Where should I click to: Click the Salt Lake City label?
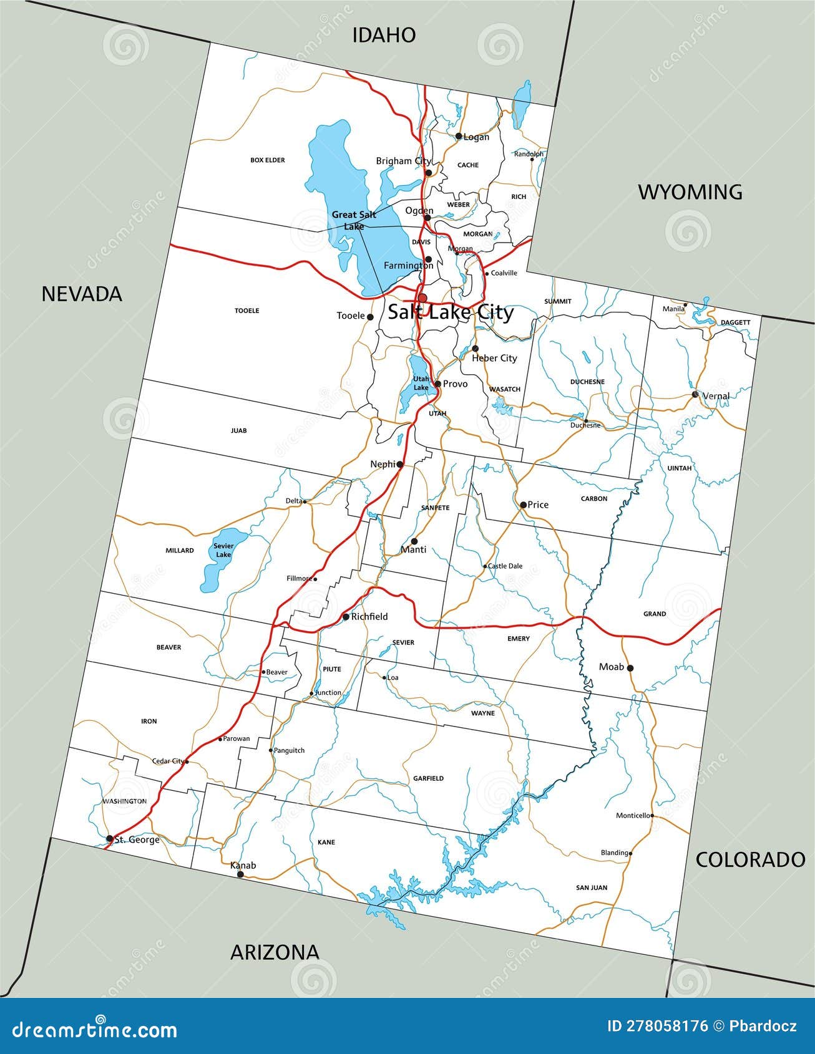(x=451, y=312)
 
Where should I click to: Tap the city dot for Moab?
(x=630, y=668)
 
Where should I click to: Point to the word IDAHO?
(x=384, y=35)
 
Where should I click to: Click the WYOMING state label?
(x=690, y=192)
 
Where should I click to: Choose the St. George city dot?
(x=110, y=839)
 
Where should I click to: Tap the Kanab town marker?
(x=240, y=874)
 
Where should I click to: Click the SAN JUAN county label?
(x=591, y=887)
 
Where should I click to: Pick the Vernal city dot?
(x=695, y=395)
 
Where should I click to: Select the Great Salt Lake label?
(x=354, y=220)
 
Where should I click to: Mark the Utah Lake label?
(x=421, y=384)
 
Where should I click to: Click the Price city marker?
(x=523, y=505)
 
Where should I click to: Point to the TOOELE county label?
(x=246, y=311)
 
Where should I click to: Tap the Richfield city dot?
(x=346, y=617)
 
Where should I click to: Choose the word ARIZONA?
(x=275, y=952)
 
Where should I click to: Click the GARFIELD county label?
(x=428, y=778)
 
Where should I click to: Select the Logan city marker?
(x=459, y=136)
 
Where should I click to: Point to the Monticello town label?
(x=633, y=815)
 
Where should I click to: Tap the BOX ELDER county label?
(x=267, y=160)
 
